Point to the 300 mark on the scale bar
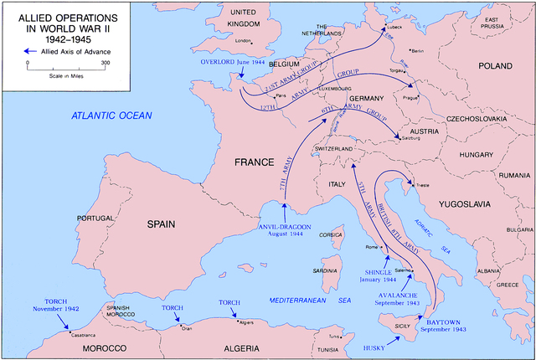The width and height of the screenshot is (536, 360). pyautogui.click(x=105, y=64)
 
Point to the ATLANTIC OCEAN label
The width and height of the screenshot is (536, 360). pyautogui.click(x=109, y=118)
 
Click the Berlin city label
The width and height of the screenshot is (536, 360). pyautogui.click(x=418, y=51)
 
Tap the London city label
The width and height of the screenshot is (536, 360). pyautogui.click(x=244, y=40)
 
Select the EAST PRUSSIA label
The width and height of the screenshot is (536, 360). pyautogui.click(x=502, y=24)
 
